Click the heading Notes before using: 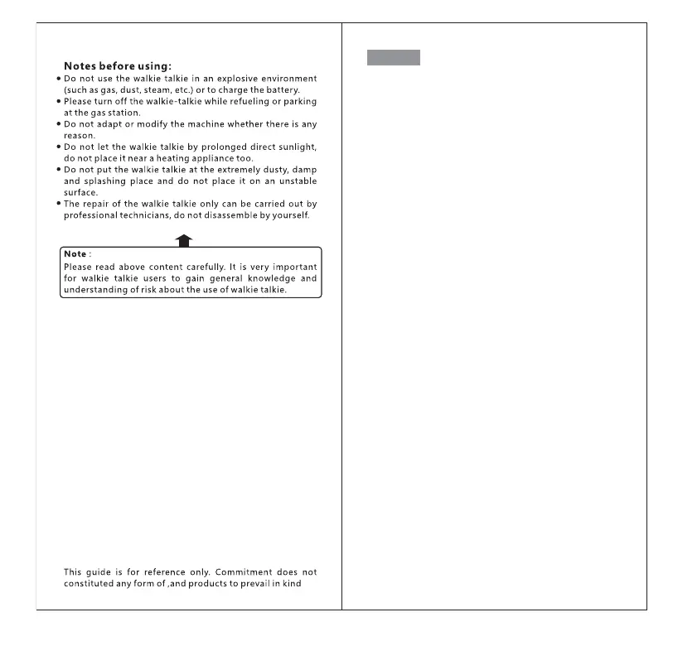pos(118,66)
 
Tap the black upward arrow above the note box pos(185,240)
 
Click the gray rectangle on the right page pos(393,57)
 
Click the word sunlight pos(294,147)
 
